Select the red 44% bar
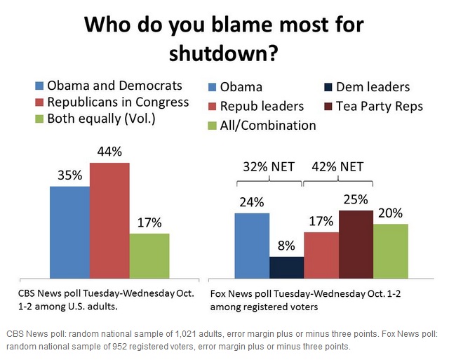click(109, 222)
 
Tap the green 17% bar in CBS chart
click(149, 257)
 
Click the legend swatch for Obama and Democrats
click(39, 86)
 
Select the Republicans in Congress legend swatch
click(39, 102)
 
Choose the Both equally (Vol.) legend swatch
click(39, 119)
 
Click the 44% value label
click(109, 152)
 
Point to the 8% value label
click(286, 246)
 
